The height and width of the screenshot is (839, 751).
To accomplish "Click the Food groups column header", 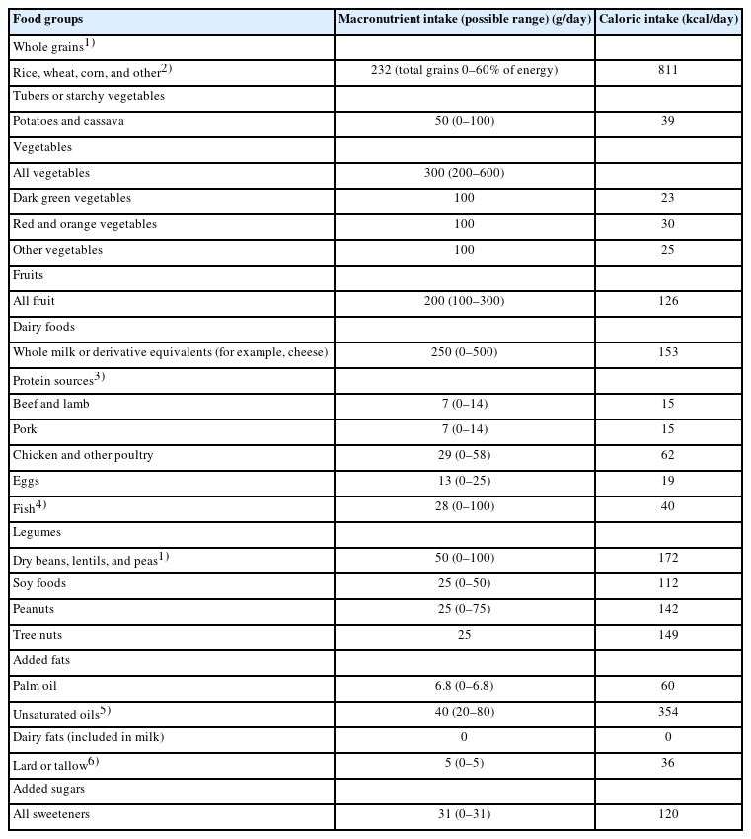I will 47,19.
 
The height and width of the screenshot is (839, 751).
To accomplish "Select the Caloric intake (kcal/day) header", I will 668,19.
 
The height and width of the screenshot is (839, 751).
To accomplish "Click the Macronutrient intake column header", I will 464,19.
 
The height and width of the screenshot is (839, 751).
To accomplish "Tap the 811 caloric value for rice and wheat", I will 668,71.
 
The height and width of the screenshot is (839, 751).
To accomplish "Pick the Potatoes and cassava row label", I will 68,121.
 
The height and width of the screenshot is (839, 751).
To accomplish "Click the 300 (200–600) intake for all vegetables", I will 464,173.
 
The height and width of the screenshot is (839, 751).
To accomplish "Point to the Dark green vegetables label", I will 71,198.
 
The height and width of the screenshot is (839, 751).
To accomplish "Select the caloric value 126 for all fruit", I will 668,301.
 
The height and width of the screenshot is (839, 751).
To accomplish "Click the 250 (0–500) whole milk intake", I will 464,352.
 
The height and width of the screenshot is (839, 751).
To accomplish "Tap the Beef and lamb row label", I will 51,404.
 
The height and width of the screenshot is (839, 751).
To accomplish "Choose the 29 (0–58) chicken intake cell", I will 464,455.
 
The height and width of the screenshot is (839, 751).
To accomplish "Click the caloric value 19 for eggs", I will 668,481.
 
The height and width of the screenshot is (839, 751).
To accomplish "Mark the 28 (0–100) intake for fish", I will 464,506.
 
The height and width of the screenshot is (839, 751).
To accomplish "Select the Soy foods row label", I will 39,583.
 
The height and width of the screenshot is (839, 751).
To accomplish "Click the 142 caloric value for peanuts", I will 668,609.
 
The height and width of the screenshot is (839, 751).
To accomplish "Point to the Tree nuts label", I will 38,635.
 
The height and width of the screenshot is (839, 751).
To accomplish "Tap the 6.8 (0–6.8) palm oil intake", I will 464,686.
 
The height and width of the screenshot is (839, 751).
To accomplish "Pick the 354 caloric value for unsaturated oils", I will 668,712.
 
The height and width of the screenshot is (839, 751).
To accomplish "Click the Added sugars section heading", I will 47,789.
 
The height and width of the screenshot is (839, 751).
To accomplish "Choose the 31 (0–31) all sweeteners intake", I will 464,814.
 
